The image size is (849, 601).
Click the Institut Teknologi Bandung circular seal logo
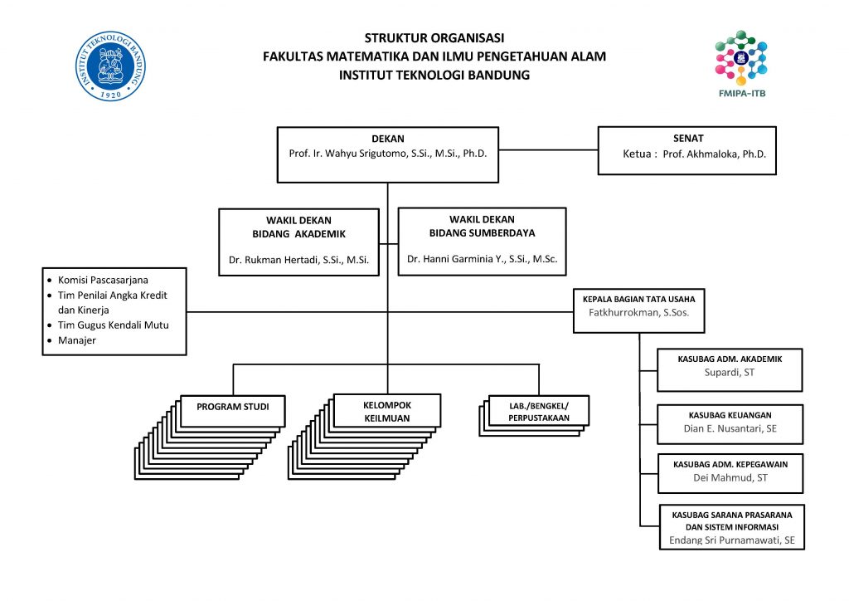point(111,67)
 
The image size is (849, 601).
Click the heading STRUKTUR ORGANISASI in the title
point(434,38)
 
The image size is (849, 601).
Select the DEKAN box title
point(387,139)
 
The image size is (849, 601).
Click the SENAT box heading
point(688,139)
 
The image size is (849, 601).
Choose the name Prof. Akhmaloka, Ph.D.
point(714,154)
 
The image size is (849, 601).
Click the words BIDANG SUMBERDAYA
point(482,233)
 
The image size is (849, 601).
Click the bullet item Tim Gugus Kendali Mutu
point(113,325)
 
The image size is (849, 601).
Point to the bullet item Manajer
point(77,340)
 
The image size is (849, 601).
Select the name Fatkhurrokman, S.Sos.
point(638,313)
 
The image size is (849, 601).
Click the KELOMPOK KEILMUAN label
point(387,412)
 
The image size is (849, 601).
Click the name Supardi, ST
point(730,374)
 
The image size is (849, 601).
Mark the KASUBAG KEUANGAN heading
point(730,415)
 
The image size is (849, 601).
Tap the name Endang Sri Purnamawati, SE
point(731,540)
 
